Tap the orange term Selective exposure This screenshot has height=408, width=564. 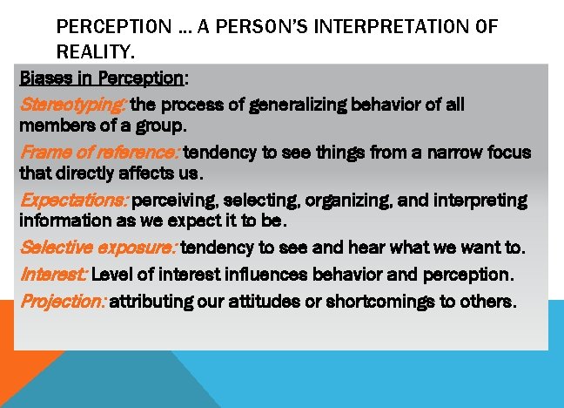(x=98, y=248)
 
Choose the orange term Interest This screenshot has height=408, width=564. (x=53, y=275)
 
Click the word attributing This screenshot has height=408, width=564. (x=151, y=303)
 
